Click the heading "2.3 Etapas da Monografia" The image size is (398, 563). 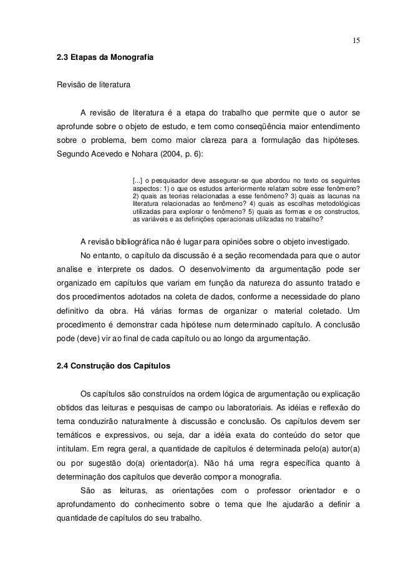(104, 58)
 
